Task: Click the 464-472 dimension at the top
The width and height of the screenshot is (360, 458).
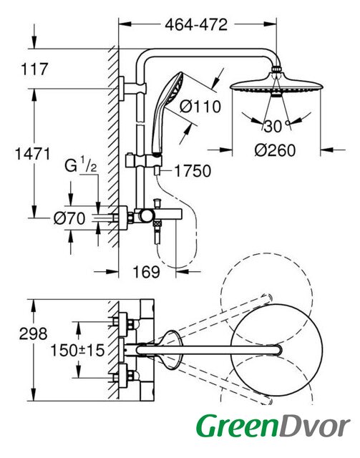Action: (x=196, y=24)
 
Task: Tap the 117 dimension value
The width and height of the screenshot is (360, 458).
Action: (x=34, y=69)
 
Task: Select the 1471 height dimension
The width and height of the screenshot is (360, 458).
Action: (x=32, y=154)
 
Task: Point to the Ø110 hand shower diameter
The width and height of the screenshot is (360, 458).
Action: (x=200, y=107)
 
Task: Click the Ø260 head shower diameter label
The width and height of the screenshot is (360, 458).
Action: (x=275, y=150)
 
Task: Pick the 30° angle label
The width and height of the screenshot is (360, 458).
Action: (x=276, y=127)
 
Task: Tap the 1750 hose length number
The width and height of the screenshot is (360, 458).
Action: (x=193, y=171)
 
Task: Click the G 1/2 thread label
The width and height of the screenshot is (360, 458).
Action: (x=80, y=166)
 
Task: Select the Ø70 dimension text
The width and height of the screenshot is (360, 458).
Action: (x=69, y=218)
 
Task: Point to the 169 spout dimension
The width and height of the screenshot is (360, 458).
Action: (x=147, y=272)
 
